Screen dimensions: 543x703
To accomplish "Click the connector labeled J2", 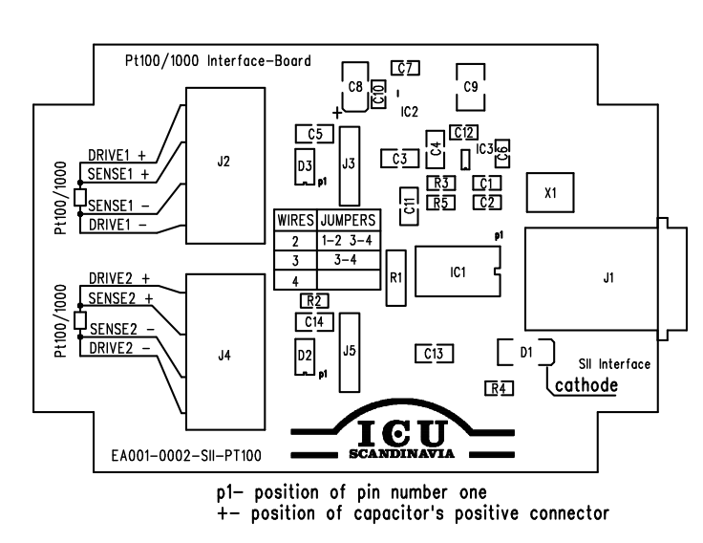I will (224, 163).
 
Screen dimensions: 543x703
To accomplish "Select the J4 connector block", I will (224, 354).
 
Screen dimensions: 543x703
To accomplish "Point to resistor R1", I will (396, 277).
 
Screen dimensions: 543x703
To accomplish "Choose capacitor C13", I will (433, 354).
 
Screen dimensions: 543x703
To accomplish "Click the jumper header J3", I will (349, 163).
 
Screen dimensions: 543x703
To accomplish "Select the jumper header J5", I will (349, 351).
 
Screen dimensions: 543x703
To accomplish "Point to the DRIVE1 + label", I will (117, 154).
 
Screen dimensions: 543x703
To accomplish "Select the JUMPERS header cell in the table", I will (347, 220).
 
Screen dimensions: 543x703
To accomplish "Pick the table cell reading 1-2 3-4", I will (347, 240).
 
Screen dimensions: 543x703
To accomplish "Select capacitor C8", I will (355, 86).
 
